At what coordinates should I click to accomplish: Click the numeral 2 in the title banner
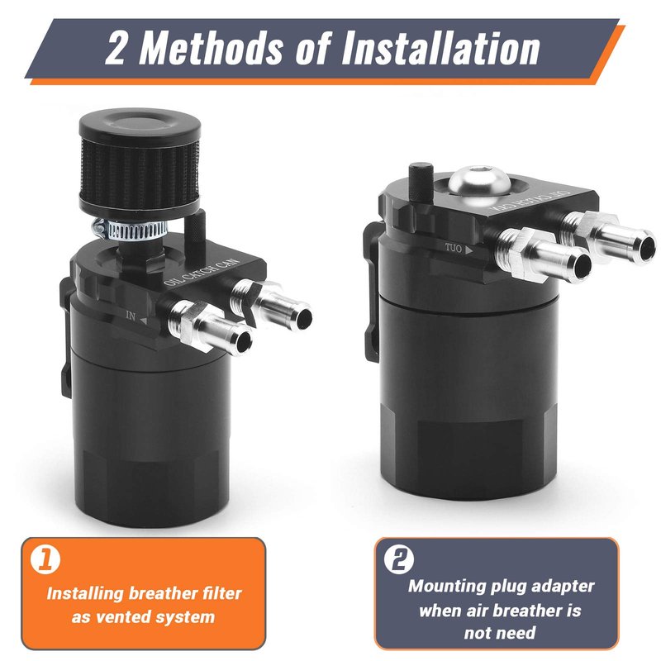click(x=116, y=49)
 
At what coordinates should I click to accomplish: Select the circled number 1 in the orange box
click(x=45, y=559)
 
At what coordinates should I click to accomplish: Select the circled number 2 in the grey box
click(x=399, y=559)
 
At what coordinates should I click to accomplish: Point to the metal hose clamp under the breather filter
click(x=131, y=231)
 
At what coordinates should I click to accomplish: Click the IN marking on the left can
click(x=131, y=316)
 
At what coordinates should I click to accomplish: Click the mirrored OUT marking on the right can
click(x=454, y=248)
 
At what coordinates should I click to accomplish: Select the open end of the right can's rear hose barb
click(x=646, y=245)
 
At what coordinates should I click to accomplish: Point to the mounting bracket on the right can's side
click(x=371, y=291)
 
